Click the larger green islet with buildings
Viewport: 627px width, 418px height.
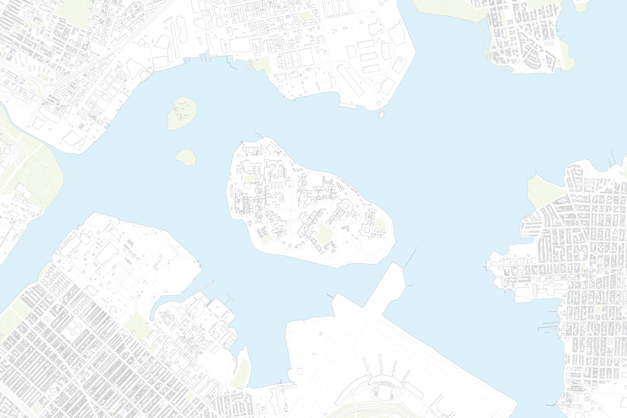coord(182,113)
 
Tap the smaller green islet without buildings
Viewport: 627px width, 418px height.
coord(186,157)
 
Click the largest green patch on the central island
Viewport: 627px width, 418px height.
coord(325,233)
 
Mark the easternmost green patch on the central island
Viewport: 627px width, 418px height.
coord(371,222)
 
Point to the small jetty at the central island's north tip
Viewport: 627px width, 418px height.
coord(258,135)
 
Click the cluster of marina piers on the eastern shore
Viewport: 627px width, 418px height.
coord(549,326)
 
